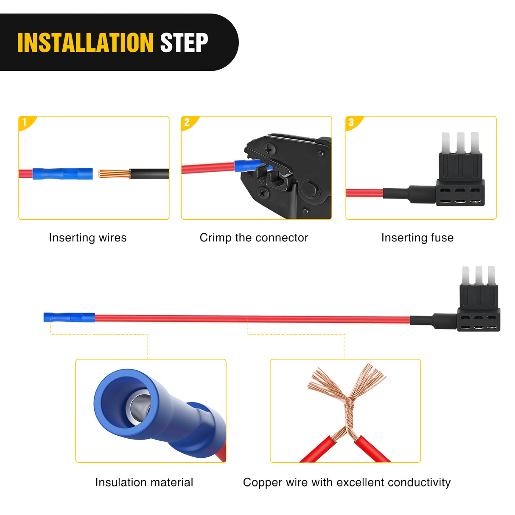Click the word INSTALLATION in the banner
[86, 42]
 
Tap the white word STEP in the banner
[184, 42]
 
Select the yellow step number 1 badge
[26, 123]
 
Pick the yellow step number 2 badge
[188, 123]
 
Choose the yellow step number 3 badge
[353, 123]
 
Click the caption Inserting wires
[88, 238]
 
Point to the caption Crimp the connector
[254, 238]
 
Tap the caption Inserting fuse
[417, 238]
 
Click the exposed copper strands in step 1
[115, 174]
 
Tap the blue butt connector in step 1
[62, 174]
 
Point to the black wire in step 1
[149, 174]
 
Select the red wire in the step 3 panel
[364, 193]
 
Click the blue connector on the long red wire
[69, 317]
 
